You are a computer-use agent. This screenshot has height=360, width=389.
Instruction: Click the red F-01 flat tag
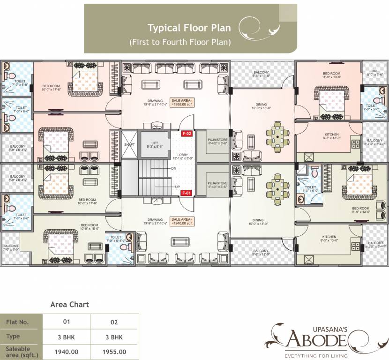click(x=187, y=193)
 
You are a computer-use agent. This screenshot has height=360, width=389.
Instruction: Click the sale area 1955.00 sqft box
click(x=182, y=103)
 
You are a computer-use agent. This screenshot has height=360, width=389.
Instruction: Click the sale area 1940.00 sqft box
click(x=182, y=221)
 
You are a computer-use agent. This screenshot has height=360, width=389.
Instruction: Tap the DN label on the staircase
click(x=173, y=168)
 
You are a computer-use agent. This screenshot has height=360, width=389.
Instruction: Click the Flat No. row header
click(x=21, y=322)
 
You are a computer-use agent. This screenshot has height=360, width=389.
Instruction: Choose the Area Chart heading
click(x=69, y=304)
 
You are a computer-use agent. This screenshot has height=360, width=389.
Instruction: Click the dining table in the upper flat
click(x=280, y=135)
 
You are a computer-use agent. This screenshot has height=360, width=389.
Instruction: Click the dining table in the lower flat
click(x=280, y=191)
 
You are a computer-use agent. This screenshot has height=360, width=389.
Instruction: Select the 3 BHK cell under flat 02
click(x=114, y=337)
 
